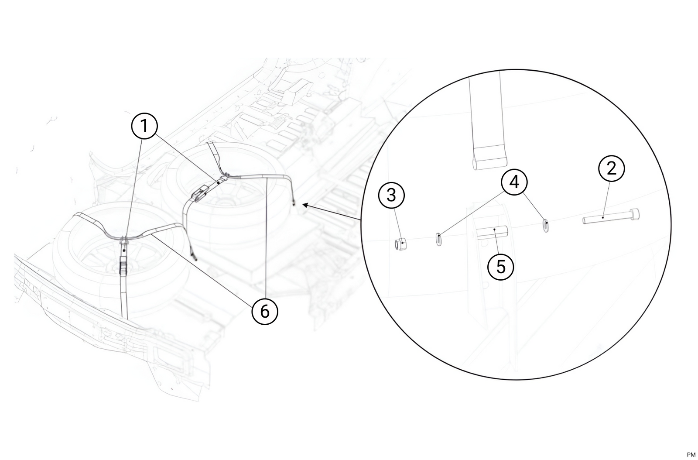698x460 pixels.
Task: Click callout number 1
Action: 144,126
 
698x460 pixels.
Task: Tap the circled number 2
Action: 611,168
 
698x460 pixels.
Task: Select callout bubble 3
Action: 391,196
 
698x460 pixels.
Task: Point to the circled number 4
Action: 514,182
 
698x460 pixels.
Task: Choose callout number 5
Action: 501,267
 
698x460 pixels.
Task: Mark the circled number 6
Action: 265,311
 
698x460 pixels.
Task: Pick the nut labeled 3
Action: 400,244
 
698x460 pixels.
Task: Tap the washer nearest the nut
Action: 439,239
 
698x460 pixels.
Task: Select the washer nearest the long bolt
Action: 546,225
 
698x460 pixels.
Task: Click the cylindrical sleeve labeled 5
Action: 492,232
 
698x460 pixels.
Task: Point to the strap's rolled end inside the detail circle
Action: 489,164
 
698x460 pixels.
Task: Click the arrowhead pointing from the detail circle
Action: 306,205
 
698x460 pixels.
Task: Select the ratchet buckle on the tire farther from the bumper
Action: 199,193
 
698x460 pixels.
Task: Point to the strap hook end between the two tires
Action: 195,257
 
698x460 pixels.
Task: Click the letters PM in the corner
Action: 691,455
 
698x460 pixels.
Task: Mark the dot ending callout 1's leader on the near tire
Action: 124,250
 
